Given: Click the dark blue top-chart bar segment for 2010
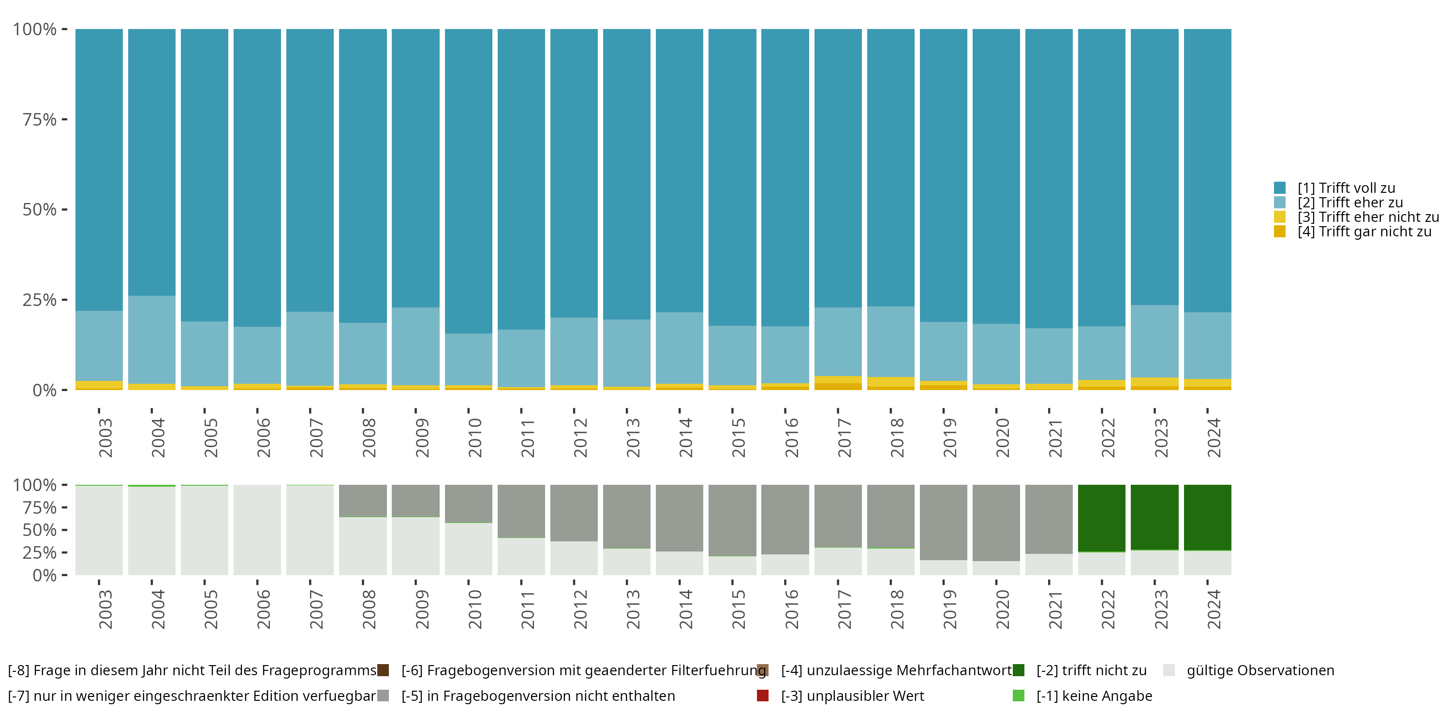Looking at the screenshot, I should coord(468,180).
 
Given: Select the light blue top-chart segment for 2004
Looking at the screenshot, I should coord(151,339).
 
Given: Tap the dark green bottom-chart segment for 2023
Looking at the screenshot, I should coord(1154,517).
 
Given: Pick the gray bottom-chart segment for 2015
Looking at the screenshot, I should coord(732,520).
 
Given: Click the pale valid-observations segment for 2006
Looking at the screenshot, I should coord(257,530).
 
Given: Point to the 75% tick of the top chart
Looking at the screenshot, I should coord(64,119).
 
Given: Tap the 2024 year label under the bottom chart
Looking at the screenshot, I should coord(1214,609).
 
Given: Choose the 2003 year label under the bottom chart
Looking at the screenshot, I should coord(105,609).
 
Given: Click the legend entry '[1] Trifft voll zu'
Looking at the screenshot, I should coord(1346,188).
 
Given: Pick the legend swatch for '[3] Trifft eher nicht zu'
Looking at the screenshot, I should coord(1280,217).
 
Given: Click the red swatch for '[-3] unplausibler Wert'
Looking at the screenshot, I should coord(763,696).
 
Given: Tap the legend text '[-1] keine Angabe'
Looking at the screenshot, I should coord(1094,696).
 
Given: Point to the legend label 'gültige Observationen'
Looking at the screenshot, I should coord(1260,670).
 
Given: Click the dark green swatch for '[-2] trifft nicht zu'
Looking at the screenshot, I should coord(1019,670).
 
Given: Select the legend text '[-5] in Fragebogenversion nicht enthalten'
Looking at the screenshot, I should coord(538,696).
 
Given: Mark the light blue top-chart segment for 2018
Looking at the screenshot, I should coord(890,342).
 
